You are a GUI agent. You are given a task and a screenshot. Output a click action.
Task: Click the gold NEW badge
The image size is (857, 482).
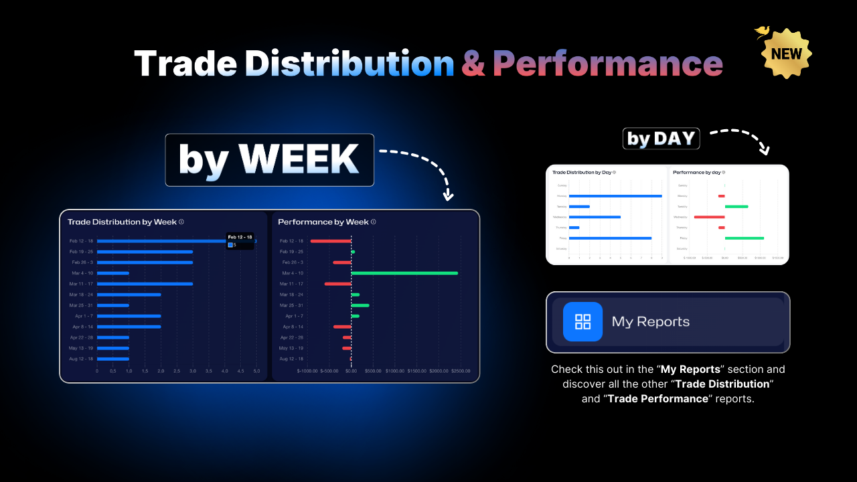point(787,54)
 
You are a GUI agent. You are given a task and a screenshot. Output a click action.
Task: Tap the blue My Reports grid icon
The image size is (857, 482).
point(582,321)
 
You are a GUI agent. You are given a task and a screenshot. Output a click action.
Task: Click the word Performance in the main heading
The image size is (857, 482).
point(607,64)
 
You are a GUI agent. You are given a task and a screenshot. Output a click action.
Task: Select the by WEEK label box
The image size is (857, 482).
point(269,160)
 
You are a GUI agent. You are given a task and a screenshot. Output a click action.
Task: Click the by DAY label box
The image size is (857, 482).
point(661,139)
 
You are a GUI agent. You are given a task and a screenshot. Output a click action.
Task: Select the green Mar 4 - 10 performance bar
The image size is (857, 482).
point(404,273)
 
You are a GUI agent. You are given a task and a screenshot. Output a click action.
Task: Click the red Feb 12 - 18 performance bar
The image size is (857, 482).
point(331,241)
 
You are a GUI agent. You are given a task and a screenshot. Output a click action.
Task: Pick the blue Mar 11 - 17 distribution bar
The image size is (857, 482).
point(145,284)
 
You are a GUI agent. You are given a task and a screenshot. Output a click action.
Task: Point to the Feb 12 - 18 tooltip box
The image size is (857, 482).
point(240,241)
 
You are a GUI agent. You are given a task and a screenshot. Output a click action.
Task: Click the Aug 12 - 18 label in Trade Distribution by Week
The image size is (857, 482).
point(80,359)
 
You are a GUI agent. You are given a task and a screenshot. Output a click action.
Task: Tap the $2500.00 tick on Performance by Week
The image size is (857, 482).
point(460,371)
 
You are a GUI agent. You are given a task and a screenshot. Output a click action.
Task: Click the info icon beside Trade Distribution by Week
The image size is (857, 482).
point(181,222)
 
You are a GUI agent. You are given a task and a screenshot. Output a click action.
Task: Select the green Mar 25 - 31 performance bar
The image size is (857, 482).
point(360,305)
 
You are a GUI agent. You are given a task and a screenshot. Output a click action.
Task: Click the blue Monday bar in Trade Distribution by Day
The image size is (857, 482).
point(615,195)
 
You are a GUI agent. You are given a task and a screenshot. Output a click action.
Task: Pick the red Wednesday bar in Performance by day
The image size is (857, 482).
point(710,217)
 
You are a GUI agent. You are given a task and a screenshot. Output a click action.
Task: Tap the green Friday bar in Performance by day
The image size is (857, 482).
point(745,238)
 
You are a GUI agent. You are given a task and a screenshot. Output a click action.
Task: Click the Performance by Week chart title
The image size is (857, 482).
point(323,222)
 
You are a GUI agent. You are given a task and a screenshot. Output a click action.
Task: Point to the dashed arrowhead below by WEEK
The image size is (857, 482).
point(449,197)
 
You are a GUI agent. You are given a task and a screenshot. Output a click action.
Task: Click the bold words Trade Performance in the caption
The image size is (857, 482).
point(657,398)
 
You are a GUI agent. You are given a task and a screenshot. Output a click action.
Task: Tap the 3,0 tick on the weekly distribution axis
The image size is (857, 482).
point(193,371)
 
